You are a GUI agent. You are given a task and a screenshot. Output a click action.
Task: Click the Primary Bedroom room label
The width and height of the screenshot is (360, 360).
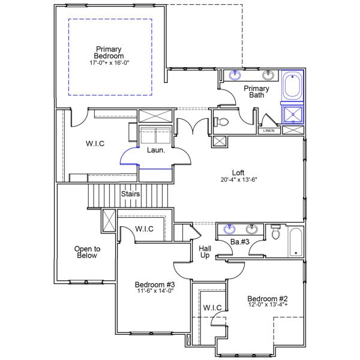click(109, 52)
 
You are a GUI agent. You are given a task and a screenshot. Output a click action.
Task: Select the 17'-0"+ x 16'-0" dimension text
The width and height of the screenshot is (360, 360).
click(109, 62)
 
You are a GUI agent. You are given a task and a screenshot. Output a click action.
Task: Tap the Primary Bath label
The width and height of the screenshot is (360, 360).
click(256, 92)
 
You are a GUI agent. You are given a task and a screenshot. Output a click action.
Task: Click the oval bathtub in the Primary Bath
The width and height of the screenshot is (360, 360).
click(293, 86)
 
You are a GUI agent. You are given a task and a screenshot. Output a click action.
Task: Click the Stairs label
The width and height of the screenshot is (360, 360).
click(131, 194)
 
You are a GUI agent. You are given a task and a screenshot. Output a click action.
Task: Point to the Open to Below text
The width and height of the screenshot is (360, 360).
click(87, 252)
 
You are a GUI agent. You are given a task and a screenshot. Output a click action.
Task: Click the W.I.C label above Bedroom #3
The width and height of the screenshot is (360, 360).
click(144, 229)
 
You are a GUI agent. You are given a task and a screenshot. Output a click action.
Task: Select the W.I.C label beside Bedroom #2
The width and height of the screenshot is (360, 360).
click(212, 308)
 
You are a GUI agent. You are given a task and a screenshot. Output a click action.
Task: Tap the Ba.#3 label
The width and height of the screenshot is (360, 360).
click(239, 242)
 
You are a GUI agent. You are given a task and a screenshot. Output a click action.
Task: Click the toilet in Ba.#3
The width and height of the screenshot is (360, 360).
click(275, 232)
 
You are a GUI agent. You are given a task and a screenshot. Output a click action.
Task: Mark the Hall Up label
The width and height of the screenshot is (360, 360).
click(204, 251)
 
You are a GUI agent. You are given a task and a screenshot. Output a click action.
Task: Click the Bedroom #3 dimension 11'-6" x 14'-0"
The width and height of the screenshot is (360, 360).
click(154, 291)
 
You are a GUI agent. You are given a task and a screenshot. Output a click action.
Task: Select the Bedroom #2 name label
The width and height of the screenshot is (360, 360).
click(267, 299)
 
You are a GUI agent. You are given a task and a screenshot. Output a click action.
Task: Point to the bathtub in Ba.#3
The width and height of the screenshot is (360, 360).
click(296, 241)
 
